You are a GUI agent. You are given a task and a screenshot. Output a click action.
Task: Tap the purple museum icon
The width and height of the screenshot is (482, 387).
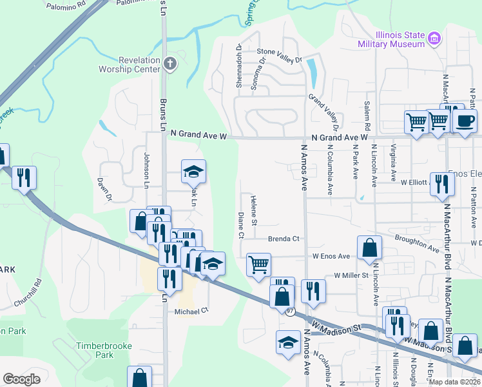pos(434,39)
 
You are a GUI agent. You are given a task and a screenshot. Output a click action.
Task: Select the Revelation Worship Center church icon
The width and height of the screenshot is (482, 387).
pos(169,63)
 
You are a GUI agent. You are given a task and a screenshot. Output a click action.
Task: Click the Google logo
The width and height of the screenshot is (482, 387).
pos(21,379)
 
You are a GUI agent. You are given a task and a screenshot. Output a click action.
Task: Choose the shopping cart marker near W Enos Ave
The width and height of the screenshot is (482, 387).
pos(258,264)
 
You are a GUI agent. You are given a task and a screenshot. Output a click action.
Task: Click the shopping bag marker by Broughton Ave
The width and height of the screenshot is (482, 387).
pos(370,248)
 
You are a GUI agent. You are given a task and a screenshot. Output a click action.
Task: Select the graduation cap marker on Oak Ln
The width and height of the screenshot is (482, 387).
pos(193,172)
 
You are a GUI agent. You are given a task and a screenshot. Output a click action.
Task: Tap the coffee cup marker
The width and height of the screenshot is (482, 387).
pos(465,120)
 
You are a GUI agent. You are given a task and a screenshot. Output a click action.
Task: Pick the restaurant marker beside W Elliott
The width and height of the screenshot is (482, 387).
pos(442,183)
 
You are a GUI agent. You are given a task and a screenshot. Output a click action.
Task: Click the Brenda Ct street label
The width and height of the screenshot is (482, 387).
pos(284,239)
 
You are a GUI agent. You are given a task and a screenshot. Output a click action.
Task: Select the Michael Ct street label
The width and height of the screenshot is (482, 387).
pos(192,311)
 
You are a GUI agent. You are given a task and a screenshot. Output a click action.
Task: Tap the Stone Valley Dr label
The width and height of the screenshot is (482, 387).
pos(279,55)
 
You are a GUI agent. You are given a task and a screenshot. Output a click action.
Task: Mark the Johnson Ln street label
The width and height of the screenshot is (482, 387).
pos(146,166)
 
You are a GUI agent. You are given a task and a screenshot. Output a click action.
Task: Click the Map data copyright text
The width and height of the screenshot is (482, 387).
pos(456,381)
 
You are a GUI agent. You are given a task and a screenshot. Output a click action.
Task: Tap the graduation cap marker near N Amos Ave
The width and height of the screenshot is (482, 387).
pos(288,342)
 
